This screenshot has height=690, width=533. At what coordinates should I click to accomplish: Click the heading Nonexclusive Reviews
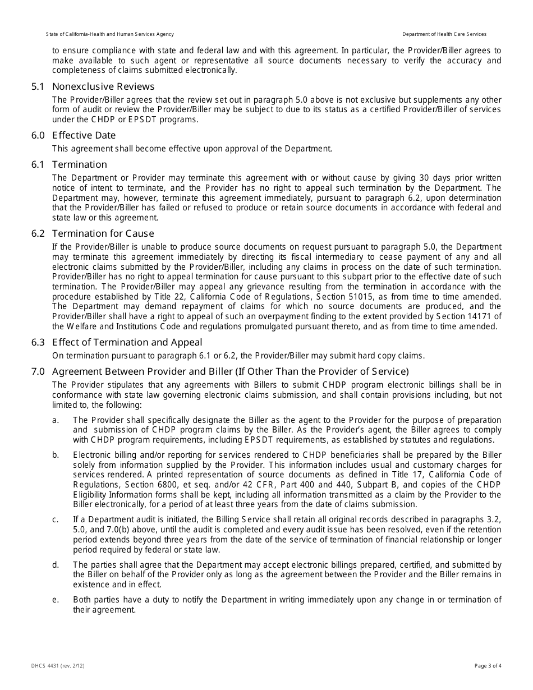pyautogui.click(x=103, y=87)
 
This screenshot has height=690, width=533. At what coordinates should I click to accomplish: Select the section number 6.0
pyautogui.click(x=38, y=135)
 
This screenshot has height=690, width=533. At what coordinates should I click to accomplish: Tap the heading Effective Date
pyautogui.click(x=84, y=135)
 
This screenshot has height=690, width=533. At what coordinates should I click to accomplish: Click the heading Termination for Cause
pyautogui.click(x=103, y=233)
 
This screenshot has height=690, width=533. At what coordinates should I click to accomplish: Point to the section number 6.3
pyautogui.click(x=38, y=342)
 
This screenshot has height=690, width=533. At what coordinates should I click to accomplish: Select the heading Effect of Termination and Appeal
pyautogui.click(x=127, y=342)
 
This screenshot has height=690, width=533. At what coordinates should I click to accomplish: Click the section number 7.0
pyautogui.click(x=38, y=371)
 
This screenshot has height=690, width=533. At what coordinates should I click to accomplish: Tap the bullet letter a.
pyautogui.click(x=55, y=420)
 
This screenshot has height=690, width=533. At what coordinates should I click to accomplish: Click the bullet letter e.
pyautogui.click(x=55, y=600)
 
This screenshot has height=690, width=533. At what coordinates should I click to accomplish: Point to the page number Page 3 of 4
pyautogui.click(x=488, y=666)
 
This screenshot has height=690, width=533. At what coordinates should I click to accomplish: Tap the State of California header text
pyautogui.click(x=110, y=34)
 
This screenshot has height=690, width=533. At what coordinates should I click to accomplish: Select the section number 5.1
pyautogui.click(x=38, y=87)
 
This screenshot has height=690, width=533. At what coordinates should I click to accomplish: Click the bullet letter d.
pyautogui.click(x=55, y=565)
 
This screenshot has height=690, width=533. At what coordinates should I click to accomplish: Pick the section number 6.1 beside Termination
pyautogui.click(x=38, y=164)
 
